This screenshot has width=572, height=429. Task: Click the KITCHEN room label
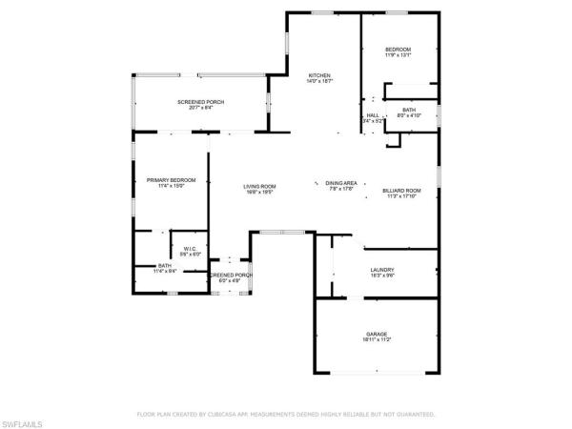(x=318, y=75)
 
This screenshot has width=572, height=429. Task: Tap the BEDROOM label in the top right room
(x=398, y=50)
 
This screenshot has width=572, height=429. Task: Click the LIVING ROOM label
(x=259, y=186)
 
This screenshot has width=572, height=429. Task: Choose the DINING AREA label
(x=342, y=183)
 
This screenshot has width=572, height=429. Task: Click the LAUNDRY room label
(x=382, y=270)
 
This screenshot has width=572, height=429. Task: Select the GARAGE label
(x=378, y=333)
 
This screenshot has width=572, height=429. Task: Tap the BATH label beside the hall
(x=408, y=110)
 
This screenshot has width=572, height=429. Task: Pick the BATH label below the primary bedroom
(x=164, y=266)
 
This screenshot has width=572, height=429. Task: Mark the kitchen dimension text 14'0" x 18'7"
(x=318, y=82)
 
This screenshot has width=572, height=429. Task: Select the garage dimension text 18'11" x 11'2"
(x=378, y=339)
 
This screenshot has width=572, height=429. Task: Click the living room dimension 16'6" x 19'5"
(x=259, y=193)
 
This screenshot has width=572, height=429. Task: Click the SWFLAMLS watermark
(x=24, y=419)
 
